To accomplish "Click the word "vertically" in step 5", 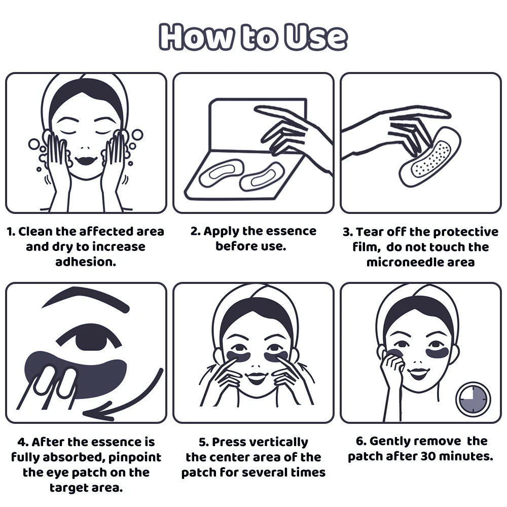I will click(x=279, y=442).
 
